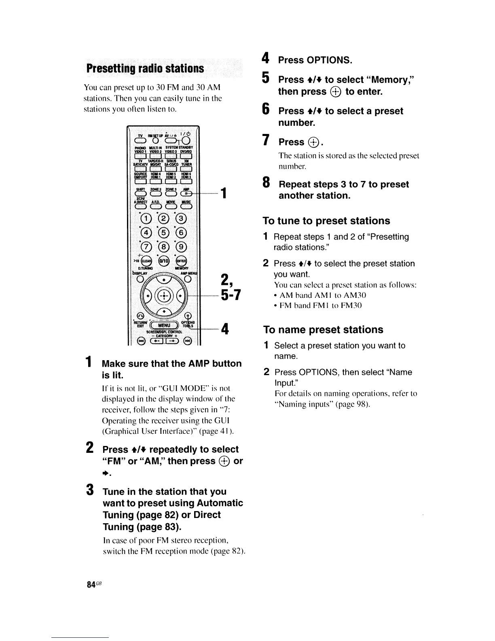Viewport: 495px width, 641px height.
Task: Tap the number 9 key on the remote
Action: point(182,246)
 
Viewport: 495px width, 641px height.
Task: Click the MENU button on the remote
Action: point(164,325)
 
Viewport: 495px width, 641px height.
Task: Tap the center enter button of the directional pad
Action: point(164,294)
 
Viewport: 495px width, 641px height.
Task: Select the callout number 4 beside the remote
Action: point(225,330)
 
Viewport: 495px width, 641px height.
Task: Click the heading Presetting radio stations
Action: point(144,68)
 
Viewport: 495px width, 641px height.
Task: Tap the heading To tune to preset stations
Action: point(326,221)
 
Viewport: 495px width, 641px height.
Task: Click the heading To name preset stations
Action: point(323,330)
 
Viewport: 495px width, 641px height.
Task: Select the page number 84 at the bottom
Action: point(91,584)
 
